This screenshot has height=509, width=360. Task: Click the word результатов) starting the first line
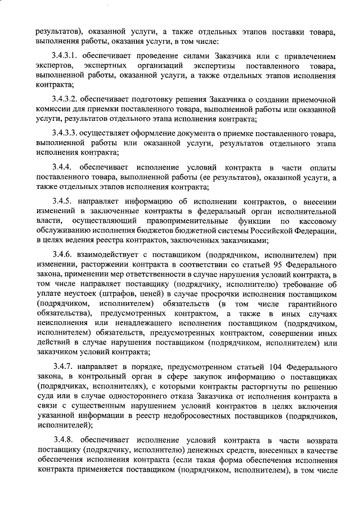58,32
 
